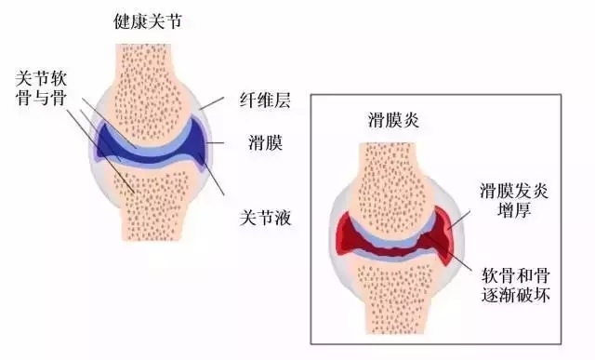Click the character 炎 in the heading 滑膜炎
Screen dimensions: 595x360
click(x=414, y=119)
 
